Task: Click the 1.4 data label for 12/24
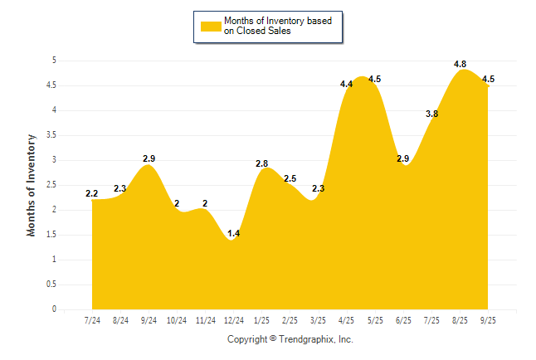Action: coord(233,234)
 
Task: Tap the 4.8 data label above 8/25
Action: coord(460,64)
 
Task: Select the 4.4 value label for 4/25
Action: coord(347,84)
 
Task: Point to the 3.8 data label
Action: coord(431,114)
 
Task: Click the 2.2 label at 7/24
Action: coord(91,194)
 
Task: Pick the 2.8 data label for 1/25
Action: coord(261,164)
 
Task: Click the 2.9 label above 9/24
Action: coord(149,158)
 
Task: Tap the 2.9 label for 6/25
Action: coord(403,158)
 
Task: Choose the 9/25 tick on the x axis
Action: coord(488,319)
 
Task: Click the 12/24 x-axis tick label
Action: coord(233,319)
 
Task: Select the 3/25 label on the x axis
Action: coord(318,319)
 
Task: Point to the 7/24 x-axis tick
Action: coord(91,319)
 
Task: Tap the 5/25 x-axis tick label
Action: coord(375,319)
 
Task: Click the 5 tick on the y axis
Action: coord(54,61)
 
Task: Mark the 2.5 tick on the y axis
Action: coord(51,185)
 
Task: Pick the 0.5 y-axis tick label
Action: coord(51,285)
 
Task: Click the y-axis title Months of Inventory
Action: coord(32,185)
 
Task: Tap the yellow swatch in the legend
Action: coord(211,26)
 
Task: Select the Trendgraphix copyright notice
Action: coord(290,339)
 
